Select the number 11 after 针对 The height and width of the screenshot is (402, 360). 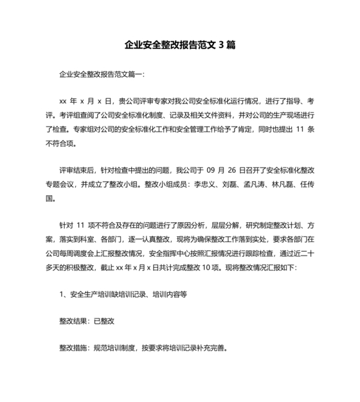pos(81,225)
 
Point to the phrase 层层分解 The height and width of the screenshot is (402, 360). pos(220,225)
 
